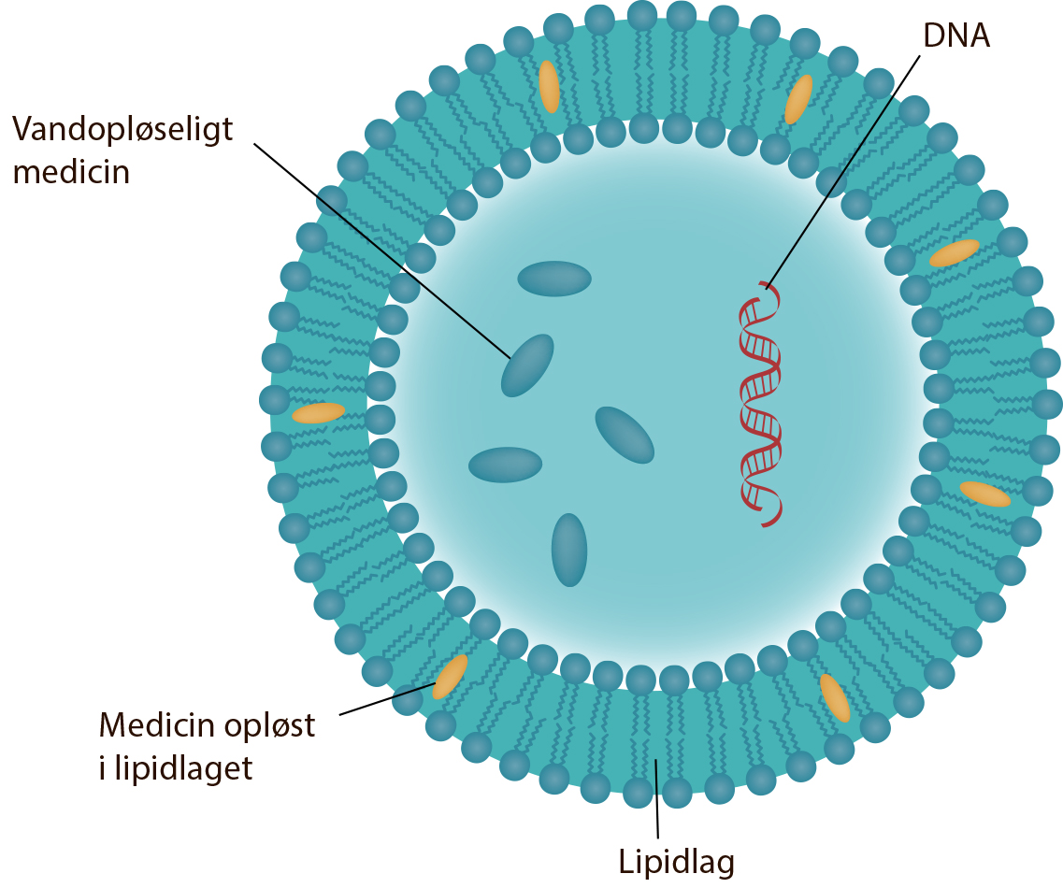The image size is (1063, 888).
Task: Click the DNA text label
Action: tap(956, 36)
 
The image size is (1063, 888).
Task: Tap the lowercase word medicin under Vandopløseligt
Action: tap(71, 172)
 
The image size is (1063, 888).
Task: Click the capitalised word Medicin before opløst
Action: tap(158, 725)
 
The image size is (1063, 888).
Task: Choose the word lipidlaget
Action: tap(183, 769)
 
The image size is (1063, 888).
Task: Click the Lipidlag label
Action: tap(677, 863)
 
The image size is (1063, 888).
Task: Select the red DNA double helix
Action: tap(760, 403)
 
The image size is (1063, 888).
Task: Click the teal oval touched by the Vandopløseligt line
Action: tap(527, 365)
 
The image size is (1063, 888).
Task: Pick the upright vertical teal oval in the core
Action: tap(568, 550)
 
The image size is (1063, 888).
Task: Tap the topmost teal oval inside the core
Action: tap(554, 279)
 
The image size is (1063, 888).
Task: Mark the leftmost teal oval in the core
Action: tap(505, 465)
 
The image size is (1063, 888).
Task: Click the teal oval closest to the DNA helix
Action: tap(625, 435)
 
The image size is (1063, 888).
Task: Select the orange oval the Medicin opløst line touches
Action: tap(450, 677)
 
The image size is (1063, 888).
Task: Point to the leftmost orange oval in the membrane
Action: tap(318, 413)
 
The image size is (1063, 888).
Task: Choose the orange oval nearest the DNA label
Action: tap(798, 100)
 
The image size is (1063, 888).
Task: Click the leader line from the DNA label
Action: tap(843, 172)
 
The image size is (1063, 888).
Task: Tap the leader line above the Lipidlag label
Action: tap(656, 799)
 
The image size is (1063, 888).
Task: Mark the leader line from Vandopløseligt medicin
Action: tap(382, 251)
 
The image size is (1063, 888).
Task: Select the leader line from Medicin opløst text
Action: tap(386, 699)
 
